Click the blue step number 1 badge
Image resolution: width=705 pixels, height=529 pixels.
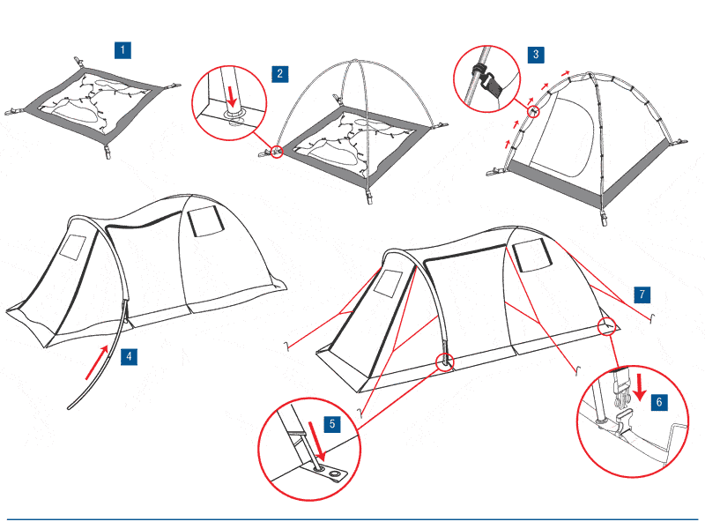pyautogui.click(x=124, y=48)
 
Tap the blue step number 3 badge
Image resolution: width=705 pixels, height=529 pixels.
pyautogui.click(x=537, y=54)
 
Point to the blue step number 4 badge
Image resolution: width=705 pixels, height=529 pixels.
pyautogui.click(x=129, y=357)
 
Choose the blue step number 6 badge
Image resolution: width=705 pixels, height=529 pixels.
pyautogui.click(x=660, y=400)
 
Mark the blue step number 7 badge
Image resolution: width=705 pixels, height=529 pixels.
pyautogui.click(x=642, y=294)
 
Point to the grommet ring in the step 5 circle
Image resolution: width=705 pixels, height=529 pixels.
pyautogui.click(x=336, y=474)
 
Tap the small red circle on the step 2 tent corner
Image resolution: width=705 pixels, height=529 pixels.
pyautogui.click(x=278, y=152)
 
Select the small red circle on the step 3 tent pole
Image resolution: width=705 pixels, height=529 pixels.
pyautogui.click(x=532, y=112)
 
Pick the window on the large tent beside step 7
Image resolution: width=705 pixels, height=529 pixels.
pyautogui.click(x=531, y=256)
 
